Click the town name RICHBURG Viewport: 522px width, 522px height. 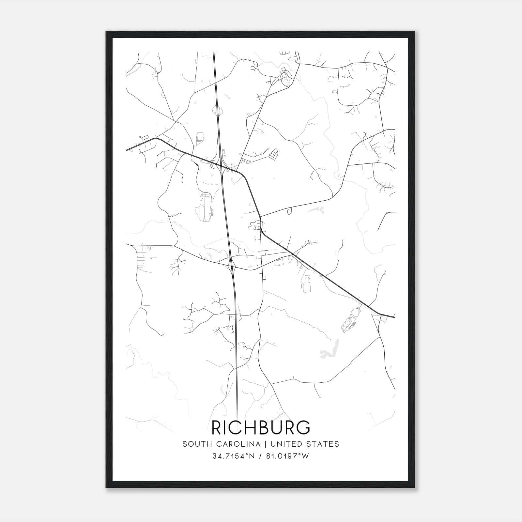click(x=261, y=427)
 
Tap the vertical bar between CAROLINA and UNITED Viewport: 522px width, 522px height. click(x=266, y=444)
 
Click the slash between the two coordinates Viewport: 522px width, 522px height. click(x=260, y=456)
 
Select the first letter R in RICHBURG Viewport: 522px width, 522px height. click(x=218, y=427)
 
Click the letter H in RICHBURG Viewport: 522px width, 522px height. click(x=250, y=427)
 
